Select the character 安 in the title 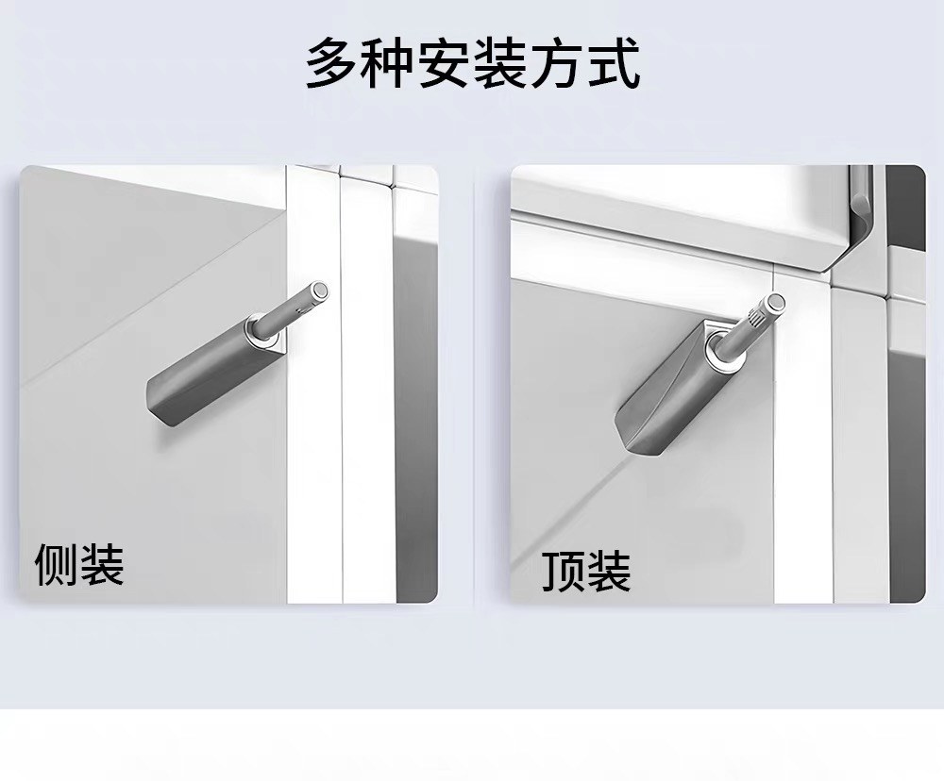445,62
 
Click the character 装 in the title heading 500,62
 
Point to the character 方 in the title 556,62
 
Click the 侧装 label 79,564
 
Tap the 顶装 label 586,571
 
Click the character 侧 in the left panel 57,564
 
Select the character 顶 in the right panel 564,571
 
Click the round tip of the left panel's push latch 321,291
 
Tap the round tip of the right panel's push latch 775,302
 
